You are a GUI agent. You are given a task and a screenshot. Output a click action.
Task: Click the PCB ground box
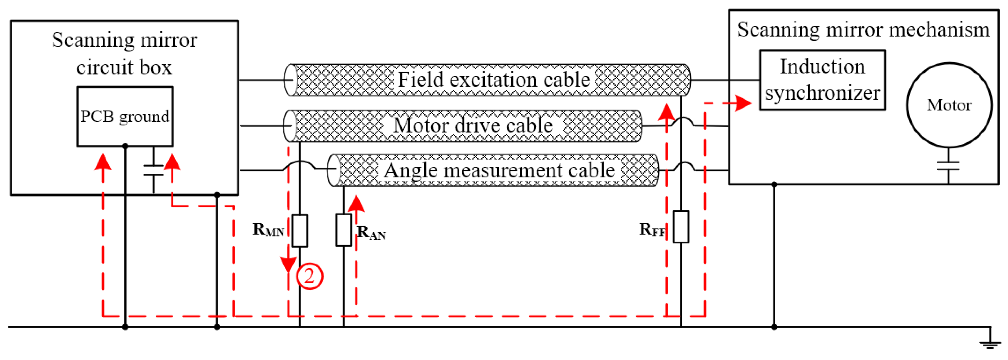[x=125, y=116]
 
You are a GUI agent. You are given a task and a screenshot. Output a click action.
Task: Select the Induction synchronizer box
[x=822, y=80]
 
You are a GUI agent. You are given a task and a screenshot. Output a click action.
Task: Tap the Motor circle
[x=949, y=105]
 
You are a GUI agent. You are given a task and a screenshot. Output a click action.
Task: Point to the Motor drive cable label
[x=472, y=126]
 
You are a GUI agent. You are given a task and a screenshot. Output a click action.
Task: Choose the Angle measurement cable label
[x=499, y=171]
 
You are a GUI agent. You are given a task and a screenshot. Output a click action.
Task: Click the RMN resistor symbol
[x=300, y=230]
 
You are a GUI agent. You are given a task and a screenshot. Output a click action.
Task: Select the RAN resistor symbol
[x=343, y=230]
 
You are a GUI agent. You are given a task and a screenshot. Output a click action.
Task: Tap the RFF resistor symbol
[x=681, y=227]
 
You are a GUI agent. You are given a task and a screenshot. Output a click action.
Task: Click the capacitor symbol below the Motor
[x=948, y=166]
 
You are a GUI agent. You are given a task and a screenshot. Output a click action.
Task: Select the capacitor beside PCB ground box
[x=153, y=170]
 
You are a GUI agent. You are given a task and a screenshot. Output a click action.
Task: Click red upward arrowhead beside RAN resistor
[x=356, y=204]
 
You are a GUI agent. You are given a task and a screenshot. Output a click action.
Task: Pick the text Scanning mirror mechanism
[x=863, y=30]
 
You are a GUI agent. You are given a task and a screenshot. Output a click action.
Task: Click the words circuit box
[x=124, y=67]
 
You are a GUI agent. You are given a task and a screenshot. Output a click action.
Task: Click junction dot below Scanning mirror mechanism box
[x=774, y=184]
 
